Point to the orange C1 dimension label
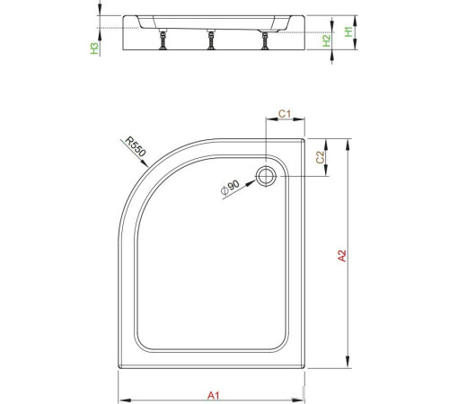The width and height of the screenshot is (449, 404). [x=283, y=113]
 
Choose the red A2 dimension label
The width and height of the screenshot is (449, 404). [x=340, y=256]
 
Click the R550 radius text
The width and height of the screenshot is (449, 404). [x=135, y=147]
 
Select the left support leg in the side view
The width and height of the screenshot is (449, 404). [x=165, y=39]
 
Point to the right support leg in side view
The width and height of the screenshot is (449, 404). [x=264, y=39]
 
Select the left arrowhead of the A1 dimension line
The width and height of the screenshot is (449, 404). [x=122, y=400]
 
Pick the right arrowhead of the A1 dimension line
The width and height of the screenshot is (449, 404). [x=304, y=400]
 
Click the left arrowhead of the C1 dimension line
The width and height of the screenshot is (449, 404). [x=270, y=123]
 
